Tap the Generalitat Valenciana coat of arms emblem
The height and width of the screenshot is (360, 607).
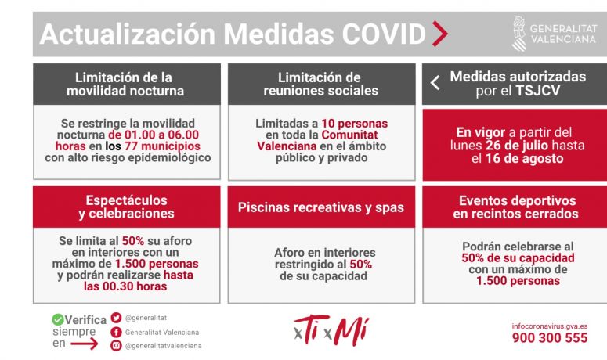pyautogui.click(x=519, y=34)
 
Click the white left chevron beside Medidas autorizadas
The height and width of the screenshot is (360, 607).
pyautogui.click(x=435, y=83)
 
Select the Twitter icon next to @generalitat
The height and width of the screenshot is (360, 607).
pyautogui.click(x=116, y=318)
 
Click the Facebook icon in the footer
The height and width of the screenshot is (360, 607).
pyautogui.click(x=116, y=332)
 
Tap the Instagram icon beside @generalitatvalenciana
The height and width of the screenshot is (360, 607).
pyautogui.click(x=116, y=346)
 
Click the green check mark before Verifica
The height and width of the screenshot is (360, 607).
pyautogui.click(x=58, y=319)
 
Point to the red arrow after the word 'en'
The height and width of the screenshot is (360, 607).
pyautogui.click(x=84, y=344)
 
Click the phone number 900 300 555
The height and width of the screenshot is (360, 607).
pyautogui.click(x=550, y=338)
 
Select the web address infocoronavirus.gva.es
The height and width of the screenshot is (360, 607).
pyautogui.click(x=550, y=326)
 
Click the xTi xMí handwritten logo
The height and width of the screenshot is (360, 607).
pyautogui.click(x=331, y=331)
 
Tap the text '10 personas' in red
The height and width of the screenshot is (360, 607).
pyautogui.click(x=354, y=124)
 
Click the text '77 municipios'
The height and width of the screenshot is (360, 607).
pyautogui.click(x=162, y=146)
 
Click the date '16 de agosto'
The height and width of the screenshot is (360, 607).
pyautogui.click(x=524, y=159)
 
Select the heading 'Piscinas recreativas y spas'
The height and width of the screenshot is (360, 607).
pyautogui.click(x=321, y=207)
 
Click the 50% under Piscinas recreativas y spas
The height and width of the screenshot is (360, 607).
pyautogui.click(x=361, y=265)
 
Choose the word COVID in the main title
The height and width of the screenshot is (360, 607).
pyautogui.click(x=384, y=34)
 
